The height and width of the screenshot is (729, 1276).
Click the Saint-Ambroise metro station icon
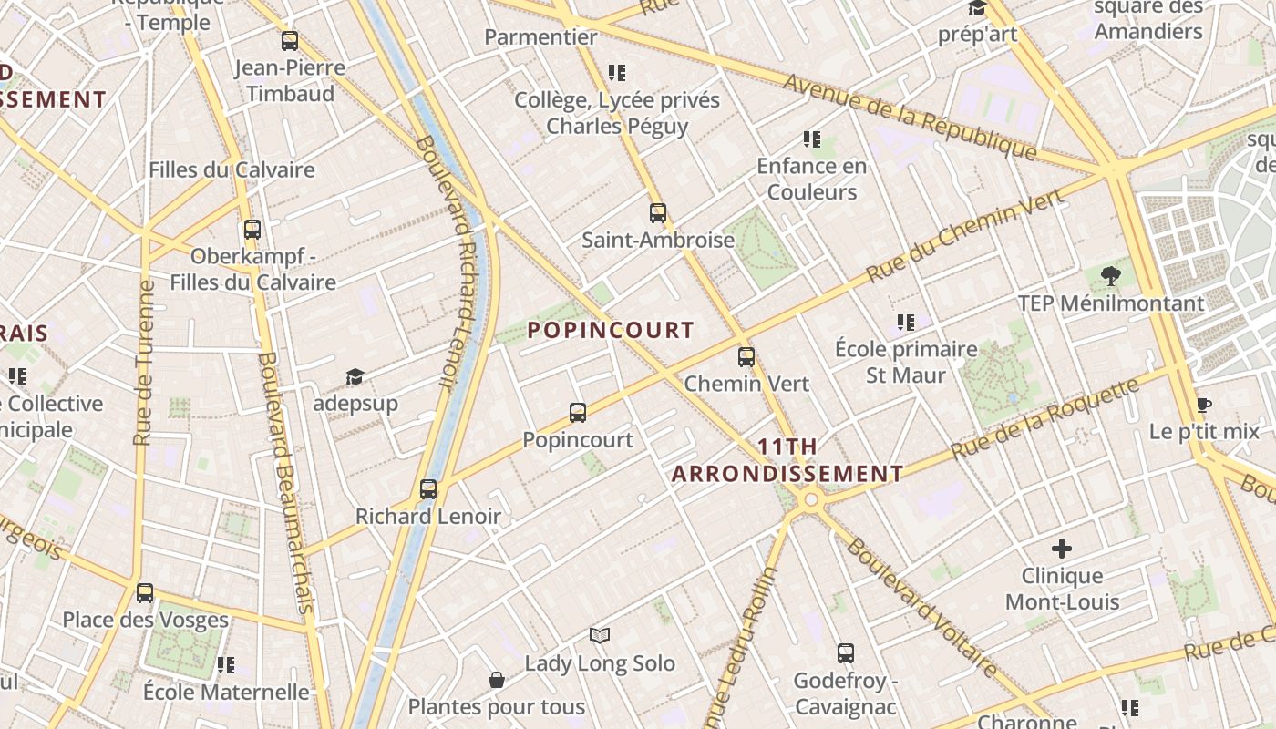[x=658, y=213]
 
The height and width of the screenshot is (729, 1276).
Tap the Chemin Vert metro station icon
[x=746, y=357]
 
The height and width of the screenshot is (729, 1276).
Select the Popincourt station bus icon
[x=578, y=413]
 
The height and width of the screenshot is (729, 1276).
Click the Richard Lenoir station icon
[x=428, y=489]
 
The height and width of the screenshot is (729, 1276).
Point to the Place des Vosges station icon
[x=145, y=593]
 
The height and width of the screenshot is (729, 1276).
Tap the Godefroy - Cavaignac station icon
[x=846, y=653]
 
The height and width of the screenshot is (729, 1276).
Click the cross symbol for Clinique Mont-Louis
[x=1062, y=549]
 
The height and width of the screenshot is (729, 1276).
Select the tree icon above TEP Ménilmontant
[x=1110, y=275]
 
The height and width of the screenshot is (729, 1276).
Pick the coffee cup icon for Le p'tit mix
[x=1203, y=406]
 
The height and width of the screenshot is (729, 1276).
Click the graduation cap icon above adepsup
[x=355, y=376]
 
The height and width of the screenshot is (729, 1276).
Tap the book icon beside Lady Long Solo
[x=599, y=635]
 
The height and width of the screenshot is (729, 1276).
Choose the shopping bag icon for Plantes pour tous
[x=497, y=680]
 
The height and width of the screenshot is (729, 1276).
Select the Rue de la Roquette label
[x=1044, y=419]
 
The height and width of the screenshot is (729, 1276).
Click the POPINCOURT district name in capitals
[x=611, y=331]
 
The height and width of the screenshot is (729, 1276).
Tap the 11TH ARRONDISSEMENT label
[x=787, y=461]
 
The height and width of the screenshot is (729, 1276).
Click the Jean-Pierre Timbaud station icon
[x=290, y=41]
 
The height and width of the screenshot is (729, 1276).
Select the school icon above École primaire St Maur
[x=906, y=322]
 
